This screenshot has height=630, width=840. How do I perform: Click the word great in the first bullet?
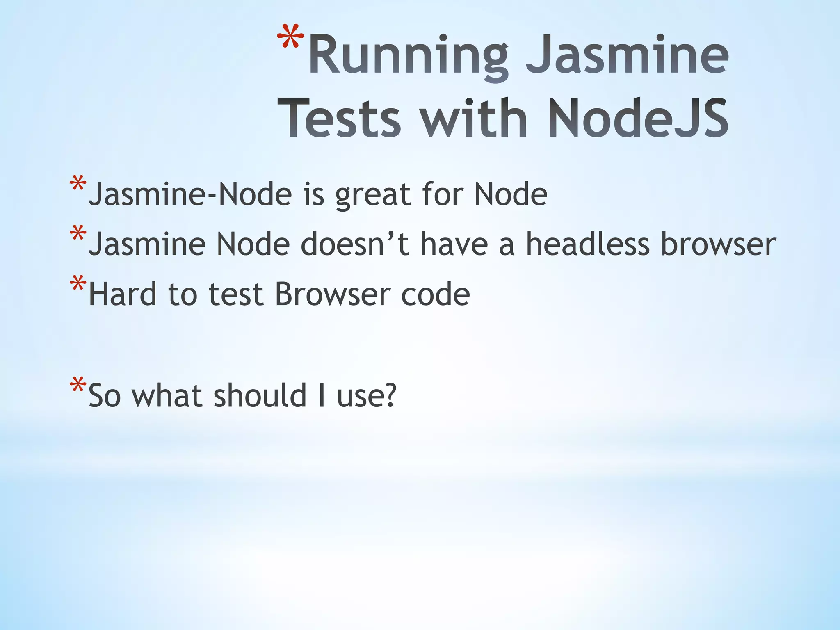coord(373,195)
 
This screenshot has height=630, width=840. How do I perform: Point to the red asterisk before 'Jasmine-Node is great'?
coord(78,185)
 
